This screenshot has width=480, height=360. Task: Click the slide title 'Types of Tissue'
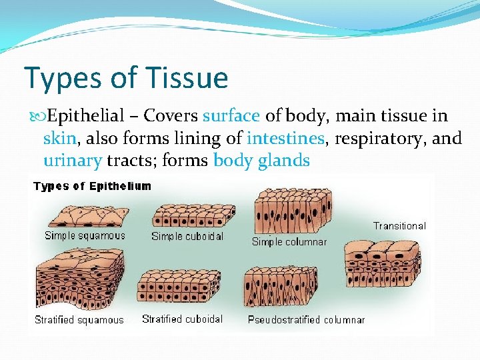(126, 78)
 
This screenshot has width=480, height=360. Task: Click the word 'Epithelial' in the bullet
(86, 116)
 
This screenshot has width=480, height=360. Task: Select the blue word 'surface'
(231, 116)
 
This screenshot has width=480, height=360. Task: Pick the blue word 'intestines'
(285, 139)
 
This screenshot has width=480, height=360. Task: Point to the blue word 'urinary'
(72, 161)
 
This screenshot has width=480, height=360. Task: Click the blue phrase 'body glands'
(261, 161)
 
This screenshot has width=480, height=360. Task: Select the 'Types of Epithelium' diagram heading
(93, 187)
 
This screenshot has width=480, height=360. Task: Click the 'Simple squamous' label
(85, 235)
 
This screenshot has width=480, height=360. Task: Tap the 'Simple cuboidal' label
(187, 236)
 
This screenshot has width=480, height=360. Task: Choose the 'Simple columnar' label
(289, 242)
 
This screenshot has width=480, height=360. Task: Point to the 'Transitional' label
(399, 226)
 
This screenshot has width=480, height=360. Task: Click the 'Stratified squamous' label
(79, 320)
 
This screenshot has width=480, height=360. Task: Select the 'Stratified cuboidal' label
(183, 319)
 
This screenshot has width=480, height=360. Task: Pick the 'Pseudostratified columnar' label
(307, 320)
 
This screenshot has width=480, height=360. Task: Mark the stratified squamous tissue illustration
(80, 278)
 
